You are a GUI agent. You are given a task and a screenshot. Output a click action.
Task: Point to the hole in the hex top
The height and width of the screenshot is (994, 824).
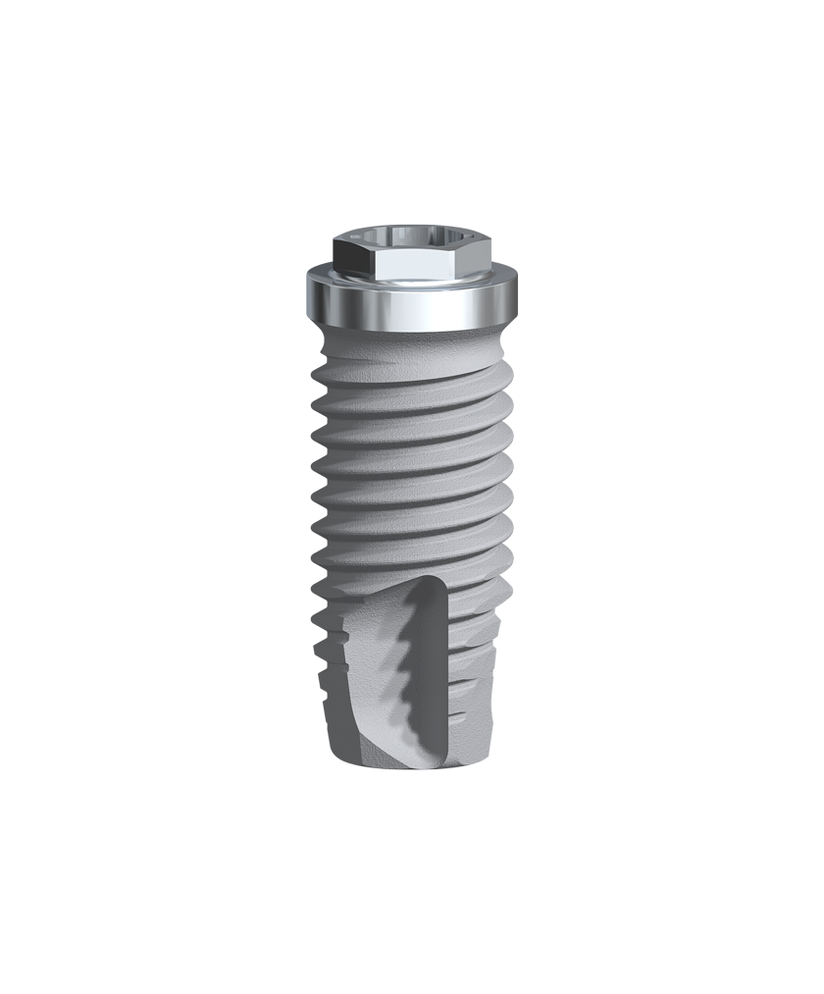(x=411, y=236)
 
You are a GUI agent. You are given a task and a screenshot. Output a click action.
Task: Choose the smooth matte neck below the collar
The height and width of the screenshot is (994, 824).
(x=411, y=343)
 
